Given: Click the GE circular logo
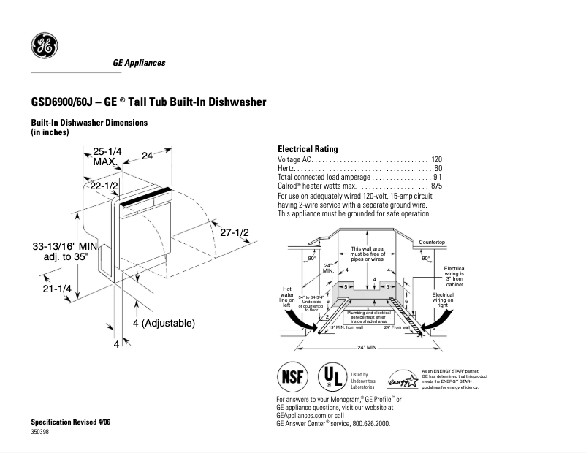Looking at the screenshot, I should point(44,47).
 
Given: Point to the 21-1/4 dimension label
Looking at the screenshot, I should point(56,289).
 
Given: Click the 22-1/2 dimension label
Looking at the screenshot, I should point(104,186).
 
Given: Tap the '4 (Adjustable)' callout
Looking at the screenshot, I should point(164,322).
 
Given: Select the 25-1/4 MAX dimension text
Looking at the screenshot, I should point(107,156).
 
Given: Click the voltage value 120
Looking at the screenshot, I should point(436,159).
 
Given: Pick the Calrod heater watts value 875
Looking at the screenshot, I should point(436,186).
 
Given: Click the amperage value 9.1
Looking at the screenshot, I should point(437,177).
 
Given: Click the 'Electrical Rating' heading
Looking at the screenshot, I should point(307,149).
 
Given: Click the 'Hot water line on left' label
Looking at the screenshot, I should point(287,296).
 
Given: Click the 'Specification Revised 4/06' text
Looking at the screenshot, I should point(70,424).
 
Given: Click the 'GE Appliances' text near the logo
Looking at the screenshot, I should point(139,63).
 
